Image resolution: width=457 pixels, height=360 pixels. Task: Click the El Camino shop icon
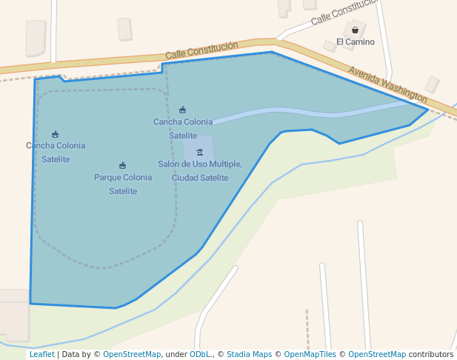pos(356,30)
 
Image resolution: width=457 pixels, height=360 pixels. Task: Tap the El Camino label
pos(356,42)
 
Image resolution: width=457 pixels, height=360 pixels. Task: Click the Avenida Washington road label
pos(387,85)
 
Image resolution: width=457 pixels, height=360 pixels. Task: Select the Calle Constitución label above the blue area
pos(201,50)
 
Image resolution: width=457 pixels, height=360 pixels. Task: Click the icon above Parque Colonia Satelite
pos(122,165)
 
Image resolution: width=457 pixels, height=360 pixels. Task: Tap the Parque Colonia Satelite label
pos(123,184)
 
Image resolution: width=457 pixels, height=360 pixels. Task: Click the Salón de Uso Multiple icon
pos(199,152)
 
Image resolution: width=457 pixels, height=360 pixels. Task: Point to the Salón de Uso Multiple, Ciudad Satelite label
pos(200,170)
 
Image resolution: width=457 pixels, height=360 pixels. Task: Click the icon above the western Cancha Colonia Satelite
pos(56,134)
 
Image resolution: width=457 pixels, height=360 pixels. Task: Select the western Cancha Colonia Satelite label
pos(56,152)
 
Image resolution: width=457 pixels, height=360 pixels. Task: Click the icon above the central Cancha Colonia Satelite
pos(183,110)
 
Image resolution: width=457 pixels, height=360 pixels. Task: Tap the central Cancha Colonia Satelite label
pos(183,128)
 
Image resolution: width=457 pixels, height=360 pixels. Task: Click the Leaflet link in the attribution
pos(41,354)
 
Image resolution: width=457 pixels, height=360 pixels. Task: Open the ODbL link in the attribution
pos(199,354)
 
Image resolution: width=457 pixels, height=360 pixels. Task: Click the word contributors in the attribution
pos(431,354)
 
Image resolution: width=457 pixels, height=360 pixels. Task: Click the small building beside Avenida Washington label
pos(432,84)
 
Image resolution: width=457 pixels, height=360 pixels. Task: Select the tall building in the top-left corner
pos(36,38)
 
